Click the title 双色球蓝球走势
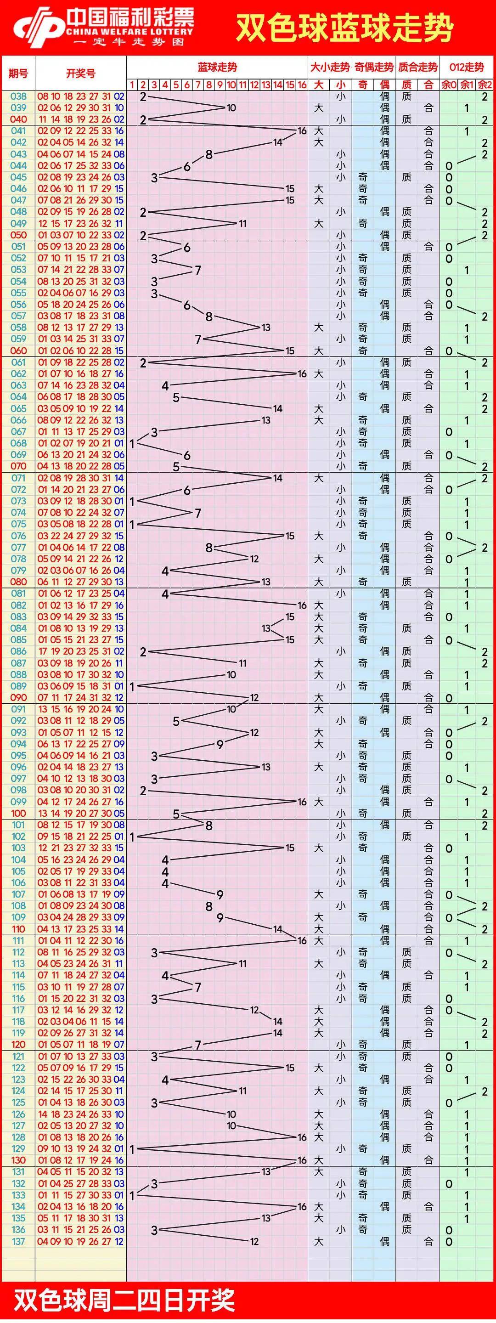[x=344, y=28]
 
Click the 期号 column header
[x=18, y=73]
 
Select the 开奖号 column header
[x=81, y=73]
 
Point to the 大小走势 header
[x=330, y=67]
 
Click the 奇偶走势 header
[x=374, y=67]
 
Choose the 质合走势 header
[x=418, y=67]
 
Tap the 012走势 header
[x=467, y=67]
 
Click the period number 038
[x=18, y=96]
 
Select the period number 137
[x=18, y=1241]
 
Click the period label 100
[x=18, y=814]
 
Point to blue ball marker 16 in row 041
[x=302, y=131]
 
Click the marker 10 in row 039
[x=231, y=108]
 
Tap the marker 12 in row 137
[x=254, y=1241]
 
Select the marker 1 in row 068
[x=132, y=443]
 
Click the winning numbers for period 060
[x=81, y=351]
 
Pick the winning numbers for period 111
[x=81, y=941]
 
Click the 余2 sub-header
[x=484, y=85]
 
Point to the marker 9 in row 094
[x=220, y=744]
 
